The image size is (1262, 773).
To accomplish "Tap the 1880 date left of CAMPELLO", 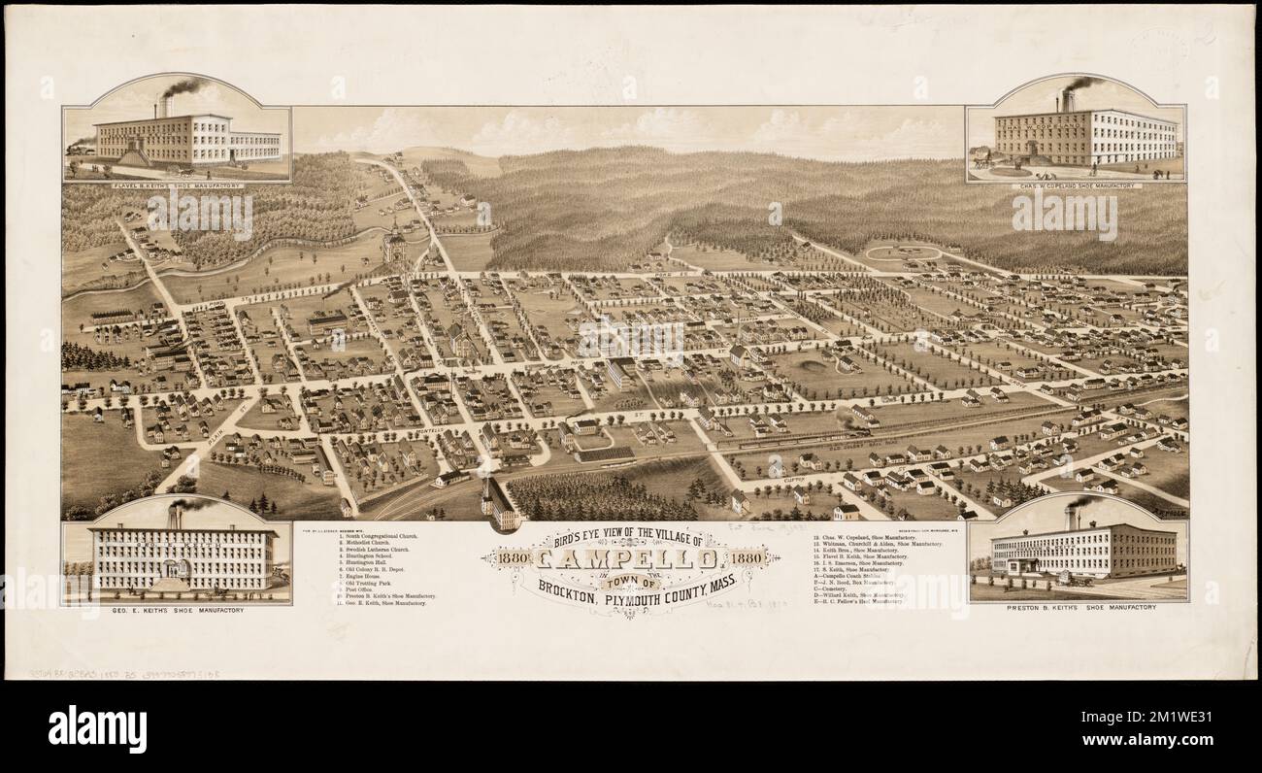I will pos(511,559).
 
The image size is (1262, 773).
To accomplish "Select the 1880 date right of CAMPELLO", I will pos(747,559).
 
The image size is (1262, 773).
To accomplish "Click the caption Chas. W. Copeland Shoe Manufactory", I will pos(1075,185).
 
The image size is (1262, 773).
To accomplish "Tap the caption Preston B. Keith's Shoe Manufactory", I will pos(1078,607).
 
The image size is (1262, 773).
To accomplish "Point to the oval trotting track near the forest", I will pos(902,254).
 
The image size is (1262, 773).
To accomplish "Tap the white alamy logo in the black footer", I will pos(97,727).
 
